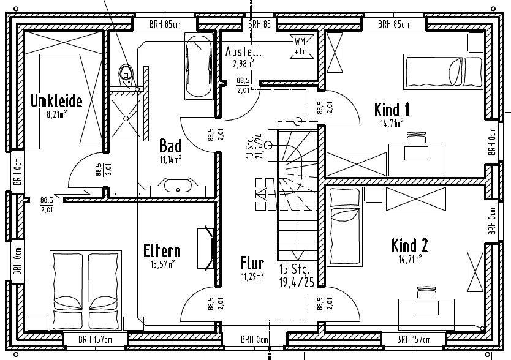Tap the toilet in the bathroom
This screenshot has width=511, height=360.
coord(127,73)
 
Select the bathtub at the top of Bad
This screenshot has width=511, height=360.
coord(199,67)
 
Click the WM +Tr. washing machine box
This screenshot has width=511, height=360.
coord(301,47)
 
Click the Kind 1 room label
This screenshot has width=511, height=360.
coord(392,110)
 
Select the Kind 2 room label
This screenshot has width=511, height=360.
coord(409,246)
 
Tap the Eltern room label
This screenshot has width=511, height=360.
coord(162,251)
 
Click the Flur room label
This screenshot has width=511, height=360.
coord(252,264)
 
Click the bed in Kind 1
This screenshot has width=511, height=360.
coord(432,70)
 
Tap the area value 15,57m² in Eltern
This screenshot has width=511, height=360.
coord(162,264)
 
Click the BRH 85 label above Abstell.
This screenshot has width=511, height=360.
coord(259,24)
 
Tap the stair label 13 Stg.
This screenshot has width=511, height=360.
coord(249,146)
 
